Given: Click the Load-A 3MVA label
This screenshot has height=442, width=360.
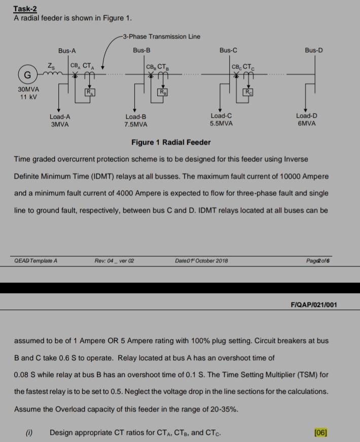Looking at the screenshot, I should click(x=60, y=120).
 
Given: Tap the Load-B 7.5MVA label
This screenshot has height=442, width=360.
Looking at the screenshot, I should click(x=136, y=120).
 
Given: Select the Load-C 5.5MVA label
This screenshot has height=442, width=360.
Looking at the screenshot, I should click(x=221, y=120).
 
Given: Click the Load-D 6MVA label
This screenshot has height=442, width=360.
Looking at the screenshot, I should click(x=306, y=120).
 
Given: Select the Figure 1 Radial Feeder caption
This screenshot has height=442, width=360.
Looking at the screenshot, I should click(x=171, y=143).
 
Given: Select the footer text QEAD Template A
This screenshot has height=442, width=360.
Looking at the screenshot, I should click(x=36, y=261).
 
